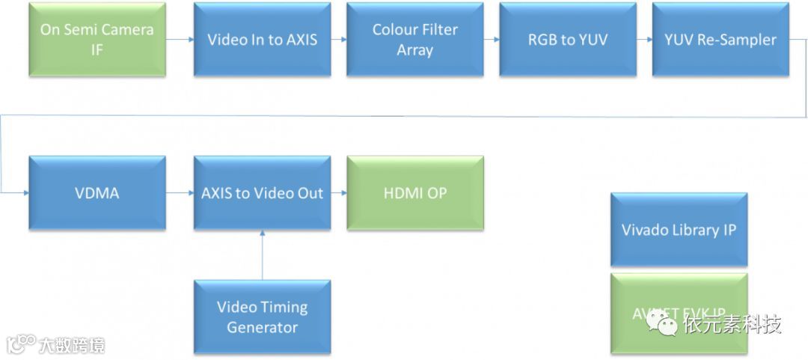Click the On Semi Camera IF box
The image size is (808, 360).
pyautogui.click(x=97, y=40)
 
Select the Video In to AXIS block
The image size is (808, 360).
pyautogui.click(x=262, y=40)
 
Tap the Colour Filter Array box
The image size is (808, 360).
pyautogui.click(x=415, y=40)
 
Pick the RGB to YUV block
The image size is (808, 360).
pyautogui.click(x=568, y=40)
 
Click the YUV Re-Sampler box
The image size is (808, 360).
pyautogui.click(x=720, y=40)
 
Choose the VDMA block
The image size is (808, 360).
pyautogui.click(x=97, y=193)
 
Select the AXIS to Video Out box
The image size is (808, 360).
pyautogui.click(x=262, y=193)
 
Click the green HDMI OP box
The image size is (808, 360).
pyautogui.click(x=415, y=193)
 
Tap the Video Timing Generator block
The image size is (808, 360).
pyautogui.click(x=262, y=317)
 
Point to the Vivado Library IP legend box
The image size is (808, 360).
pyautogui.click(x=679, y=230)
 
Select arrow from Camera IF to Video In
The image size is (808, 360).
pyautogui.click(x=180, y=40)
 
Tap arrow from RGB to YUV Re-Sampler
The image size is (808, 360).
pyautogui.click(x=644, y=40)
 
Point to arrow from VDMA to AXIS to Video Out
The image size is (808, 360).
pyautogui.click(x=180, y=193)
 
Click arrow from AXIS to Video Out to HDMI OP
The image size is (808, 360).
pyautogui.click(x=339, y=193)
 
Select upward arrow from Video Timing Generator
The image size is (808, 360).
pyautogui.click(x=262, y=254)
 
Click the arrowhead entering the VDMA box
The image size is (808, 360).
pyautogui.click(x=25, y=193)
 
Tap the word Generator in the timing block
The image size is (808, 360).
pyautogui.click(x=262, y=328)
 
